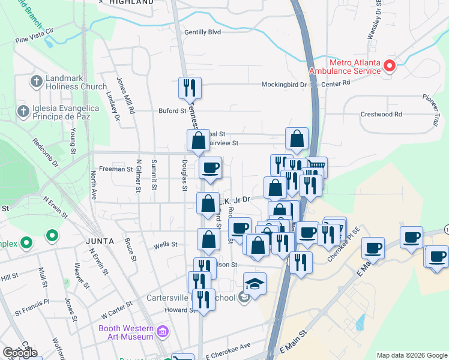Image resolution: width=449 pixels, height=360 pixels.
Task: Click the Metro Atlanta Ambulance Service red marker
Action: pyautogui.click(x=389, y=65)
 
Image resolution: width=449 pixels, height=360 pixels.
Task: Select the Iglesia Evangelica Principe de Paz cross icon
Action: pyautogui.click(x=23, y=110)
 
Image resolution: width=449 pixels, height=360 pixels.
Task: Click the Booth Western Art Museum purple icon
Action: pyautogui.click(x=162, y=331)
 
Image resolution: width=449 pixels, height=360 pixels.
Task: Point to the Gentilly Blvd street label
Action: pyautogui.click(x=203, y=32)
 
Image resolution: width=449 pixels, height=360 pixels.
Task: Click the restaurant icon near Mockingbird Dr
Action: pyautogui.click(x=190, y=89)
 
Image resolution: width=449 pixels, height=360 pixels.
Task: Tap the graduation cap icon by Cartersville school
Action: pyautogui.click(x=255, y=284)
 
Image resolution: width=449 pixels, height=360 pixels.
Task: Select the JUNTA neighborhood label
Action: pyautogui.click(x=100, y=241)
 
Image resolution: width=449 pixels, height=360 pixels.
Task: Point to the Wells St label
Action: pyautogui.click(x=166, y=245)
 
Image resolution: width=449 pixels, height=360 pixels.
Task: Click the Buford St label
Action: pyautogui.click(x=172, y=111)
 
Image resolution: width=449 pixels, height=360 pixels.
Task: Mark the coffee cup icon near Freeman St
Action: pyautogui.click(x=210, y=168)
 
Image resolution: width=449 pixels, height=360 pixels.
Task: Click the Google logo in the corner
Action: pyautogui.click(x=20, y=353)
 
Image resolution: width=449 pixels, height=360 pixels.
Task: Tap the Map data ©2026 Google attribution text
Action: pyautogui.click(x=411, y=355)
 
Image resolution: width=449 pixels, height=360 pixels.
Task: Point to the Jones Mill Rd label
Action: pyautogui.click(x=127, y=95)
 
